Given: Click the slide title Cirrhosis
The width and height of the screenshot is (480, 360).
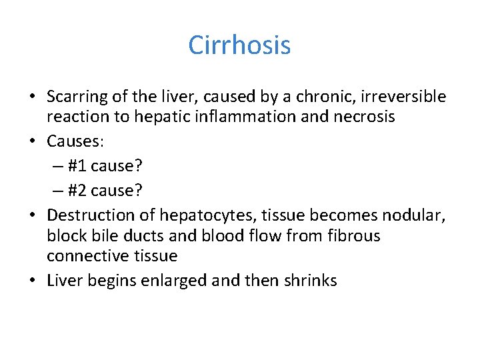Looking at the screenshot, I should [239, 45].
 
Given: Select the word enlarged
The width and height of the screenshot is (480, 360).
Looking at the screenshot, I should [175, 281].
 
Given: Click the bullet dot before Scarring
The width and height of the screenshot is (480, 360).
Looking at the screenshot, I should [32, 97].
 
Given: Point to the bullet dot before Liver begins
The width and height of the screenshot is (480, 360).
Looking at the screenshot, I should [32, 281].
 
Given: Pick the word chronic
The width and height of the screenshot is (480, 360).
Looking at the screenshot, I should [316, 97].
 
